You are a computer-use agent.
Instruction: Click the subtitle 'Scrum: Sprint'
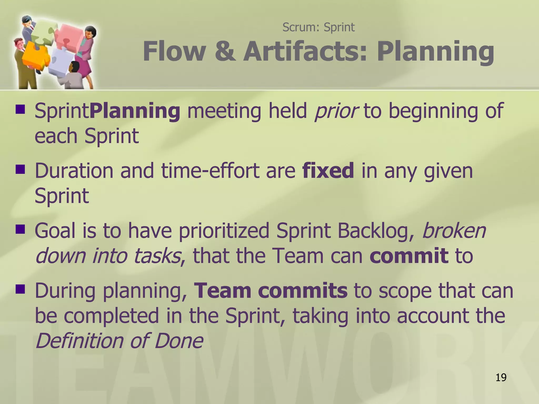(318, 27)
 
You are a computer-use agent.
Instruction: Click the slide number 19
(501, 377)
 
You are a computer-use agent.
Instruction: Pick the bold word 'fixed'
(328, 170)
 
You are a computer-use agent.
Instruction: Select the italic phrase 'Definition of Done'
(119, 341)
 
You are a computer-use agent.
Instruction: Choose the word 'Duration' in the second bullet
(74, 170)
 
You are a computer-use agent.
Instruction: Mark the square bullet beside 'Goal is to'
(20, 229)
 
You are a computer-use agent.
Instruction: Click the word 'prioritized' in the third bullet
(224, 230)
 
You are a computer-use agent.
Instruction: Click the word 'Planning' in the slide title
(435, 51)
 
